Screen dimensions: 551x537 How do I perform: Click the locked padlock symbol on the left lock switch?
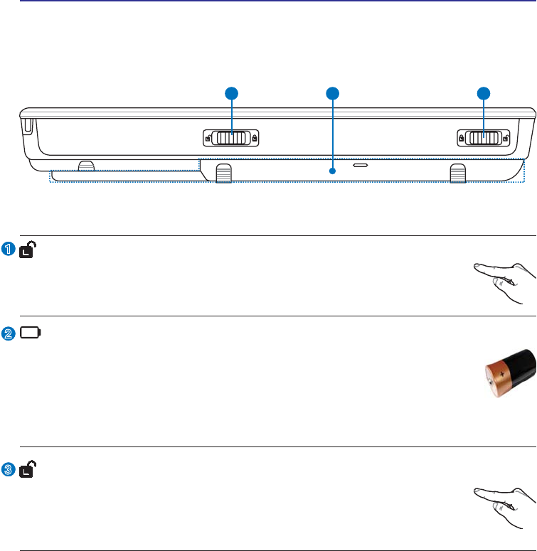(x=254, y=138)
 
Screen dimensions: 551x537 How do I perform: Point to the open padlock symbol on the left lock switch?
(x=207, y=138)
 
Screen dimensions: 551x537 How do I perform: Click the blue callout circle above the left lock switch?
(x=231, y=93)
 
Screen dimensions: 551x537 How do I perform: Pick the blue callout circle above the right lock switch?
(x=484, y=93)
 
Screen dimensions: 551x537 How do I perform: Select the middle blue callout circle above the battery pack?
(x=332, y=93)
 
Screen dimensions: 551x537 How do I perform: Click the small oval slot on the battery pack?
(x=361, y=164)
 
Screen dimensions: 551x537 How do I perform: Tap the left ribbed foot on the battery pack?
(x=223, y=173)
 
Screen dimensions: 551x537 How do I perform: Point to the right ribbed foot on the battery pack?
(x=457, y=173)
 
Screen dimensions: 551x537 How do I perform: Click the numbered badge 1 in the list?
(x=8, y=249)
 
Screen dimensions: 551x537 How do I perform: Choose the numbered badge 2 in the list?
(x=8, y=333)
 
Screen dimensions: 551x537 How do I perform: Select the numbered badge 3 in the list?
(x=8, y=469)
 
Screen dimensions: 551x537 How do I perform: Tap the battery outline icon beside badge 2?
(x=31, y=333)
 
